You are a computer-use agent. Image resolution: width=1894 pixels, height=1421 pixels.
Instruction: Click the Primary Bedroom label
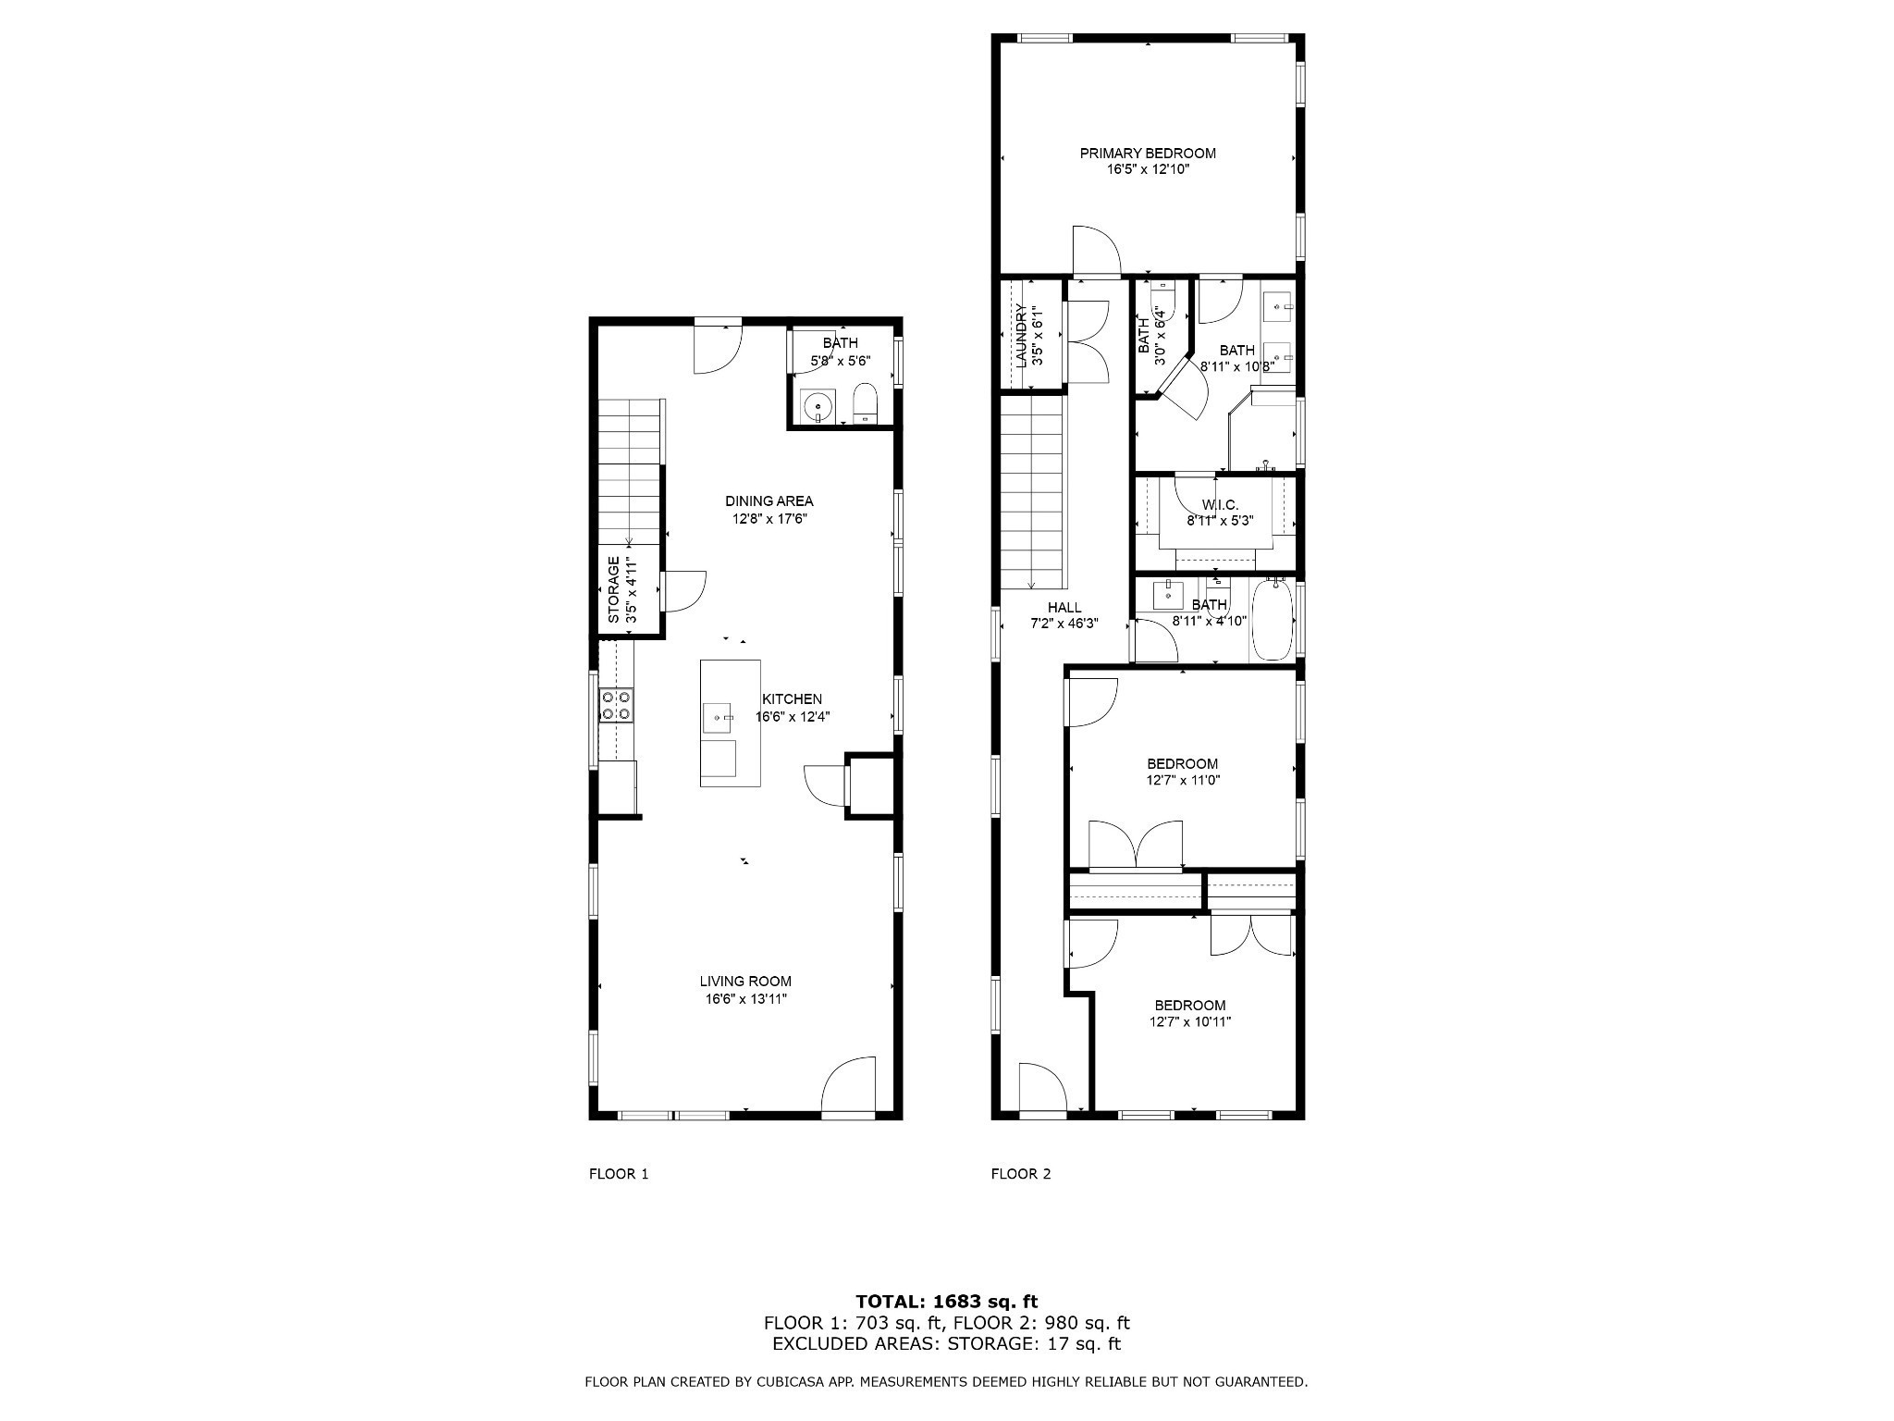click(x=1148, y=154)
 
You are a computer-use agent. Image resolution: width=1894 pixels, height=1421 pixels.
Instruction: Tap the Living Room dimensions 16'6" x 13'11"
click(x=745, y=998)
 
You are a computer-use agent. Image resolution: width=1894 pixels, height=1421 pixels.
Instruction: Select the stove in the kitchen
click(x=616, y=705)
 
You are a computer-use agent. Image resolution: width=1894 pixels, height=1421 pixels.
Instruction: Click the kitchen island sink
click(x=719, y=717)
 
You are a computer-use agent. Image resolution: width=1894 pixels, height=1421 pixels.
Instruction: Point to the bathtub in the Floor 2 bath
click(x=1273, y=619)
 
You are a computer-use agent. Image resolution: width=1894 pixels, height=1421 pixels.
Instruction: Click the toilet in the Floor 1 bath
click(x=864, y=403)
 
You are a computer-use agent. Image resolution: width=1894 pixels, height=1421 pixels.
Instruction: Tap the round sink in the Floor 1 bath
click(x=818, y=405)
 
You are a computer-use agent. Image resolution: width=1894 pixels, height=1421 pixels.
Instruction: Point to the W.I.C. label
click(x=1220, y=504)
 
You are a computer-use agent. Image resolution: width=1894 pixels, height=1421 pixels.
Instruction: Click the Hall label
click(x=1064, y=607)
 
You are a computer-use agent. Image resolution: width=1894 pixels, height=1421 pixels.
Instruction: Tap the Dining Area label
click(x=769, y=501)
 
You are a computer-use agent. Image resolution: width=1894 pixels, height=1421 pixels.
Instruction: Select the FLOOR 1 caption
click(x=619, y=1174)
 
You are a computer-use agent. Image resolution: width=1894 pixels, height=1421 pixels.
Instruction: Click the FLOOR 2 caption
click(x=1021, y=1174)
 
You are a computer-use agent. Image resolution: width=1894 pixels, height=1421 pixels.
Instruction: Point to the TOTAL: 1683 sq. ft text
click(x=946, y=1302)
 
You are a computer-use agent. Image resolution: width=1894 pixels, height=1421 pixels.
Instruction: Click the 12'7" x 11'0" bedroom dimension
click(x=1183, y=781)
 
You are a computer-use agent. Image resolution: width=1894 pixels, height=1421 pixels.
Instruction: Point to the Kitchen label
click(x=792, y=699)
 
